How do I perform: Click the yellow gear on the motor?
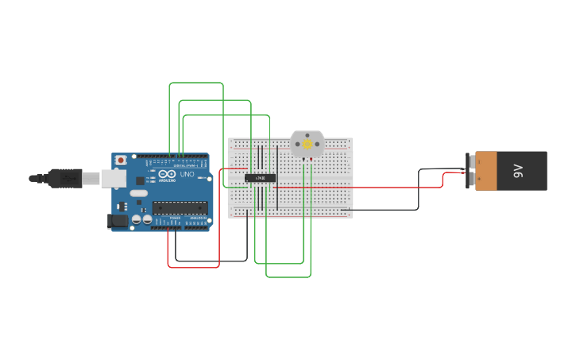tap(307, 145)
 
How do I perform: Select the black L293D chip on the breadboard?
tap(260, 178)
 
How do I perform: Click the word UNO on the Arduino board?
tap(187, 174)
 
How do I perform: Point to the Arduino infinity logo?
tap(167, 173)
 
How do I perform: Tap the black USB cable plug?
tap(64, 178)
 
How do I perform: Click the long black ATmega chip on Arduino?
tap(180, 207)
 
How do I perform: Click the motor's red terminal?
tap(310, 160)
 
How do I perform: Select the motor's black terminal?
tap(303, 160)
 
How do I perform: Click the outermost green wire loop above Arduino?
tap(195, 83)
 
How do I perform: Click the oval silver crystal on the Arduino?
tap(139, 193)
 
